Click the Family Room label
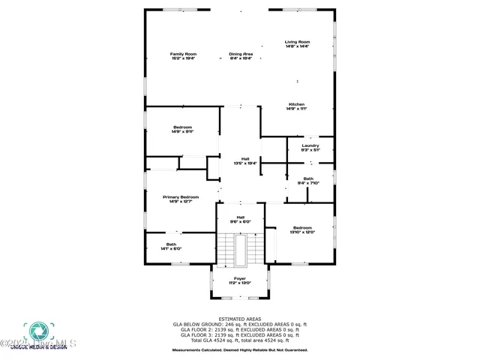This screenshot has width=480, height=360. point(183,54)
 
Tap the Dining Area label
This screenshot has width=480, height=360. point(241,54)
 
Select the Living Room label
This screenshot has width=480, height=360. point(297,42)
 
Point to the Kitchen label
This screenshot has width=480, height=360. point(297,104)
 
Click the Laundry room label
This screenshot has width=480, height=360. point(310,145)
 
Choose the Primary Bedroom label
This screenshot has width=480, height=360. point(183,197)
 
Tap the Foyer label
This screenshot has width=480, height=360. point(239,278)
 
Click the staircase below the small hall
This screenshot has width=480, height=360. point(240,249)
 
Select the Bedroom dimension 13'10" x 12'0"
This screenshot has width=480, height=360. point(303,232)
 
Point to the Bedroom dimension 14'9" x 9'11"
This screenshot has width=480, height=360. point(183,131)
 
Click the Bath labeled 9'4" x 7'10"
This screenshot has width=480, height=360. point(309,180)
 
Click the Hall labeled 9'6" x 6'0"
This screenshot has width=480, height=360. point(240,219)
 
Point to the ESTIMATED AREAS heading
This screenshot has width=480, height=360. point(240,319)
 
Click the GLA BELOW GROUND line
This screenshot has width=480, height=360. point(240,325)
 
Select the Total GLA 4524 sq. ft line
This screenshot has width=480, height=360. point(240,340)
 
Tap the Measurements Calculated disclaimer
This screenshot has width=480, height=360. point(240,349)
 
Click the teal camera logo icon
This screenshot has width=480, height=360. point(35,331)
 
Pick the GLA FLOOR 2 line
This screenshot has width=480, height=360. point(240,330)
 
